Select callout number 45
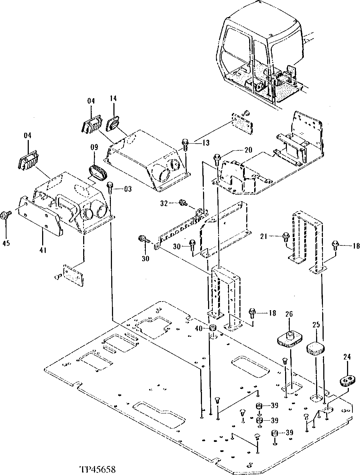[6, 243]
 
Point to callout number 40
[199, 328]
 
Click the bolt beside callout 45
[6, 215]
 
